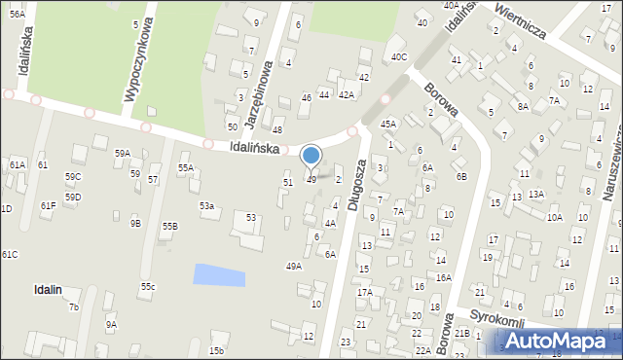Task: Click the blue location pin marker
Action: click(x=311, y=156)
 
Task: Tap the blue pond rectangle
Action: click(x=219, y=274)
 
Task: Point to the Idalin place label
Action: click(x=48, y=289)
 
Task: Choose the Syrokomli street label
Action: click(x=497, y=322)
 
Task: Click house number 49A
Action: click(x=293, y=266)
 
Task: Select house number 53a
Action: click(x=206, y=206)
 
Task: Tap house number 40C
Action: click(x=399, y=56)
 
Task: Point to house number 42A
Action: click(x=346, y=94)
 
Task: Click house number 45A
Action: click(x=387, y=124)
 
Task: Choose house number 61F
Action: click(x=48, y=205)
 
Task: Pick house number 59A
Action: click(x=122, y=153)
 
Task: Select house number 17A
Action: click(x=364, y=292)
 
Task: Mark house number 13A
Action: click(x=536, y=194)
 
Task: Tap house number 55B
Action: click(x=170, y=226)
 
